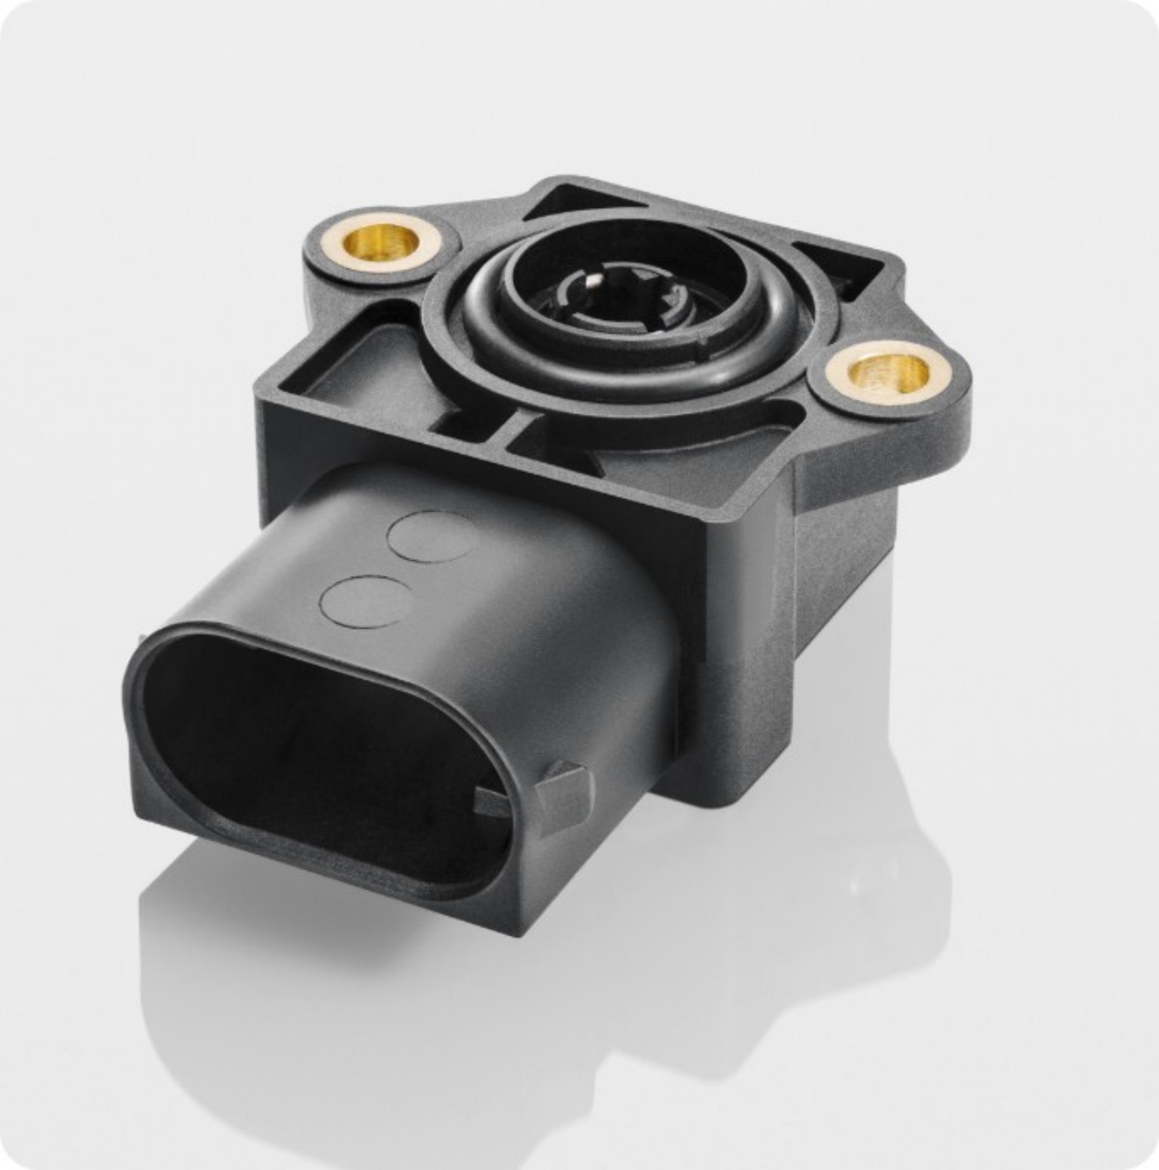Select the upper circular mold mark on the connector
click(x=433, y=536)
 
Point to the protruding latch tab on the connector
click(x=562, y=786)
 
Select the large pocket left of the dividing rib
click(x=363, y=370)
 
